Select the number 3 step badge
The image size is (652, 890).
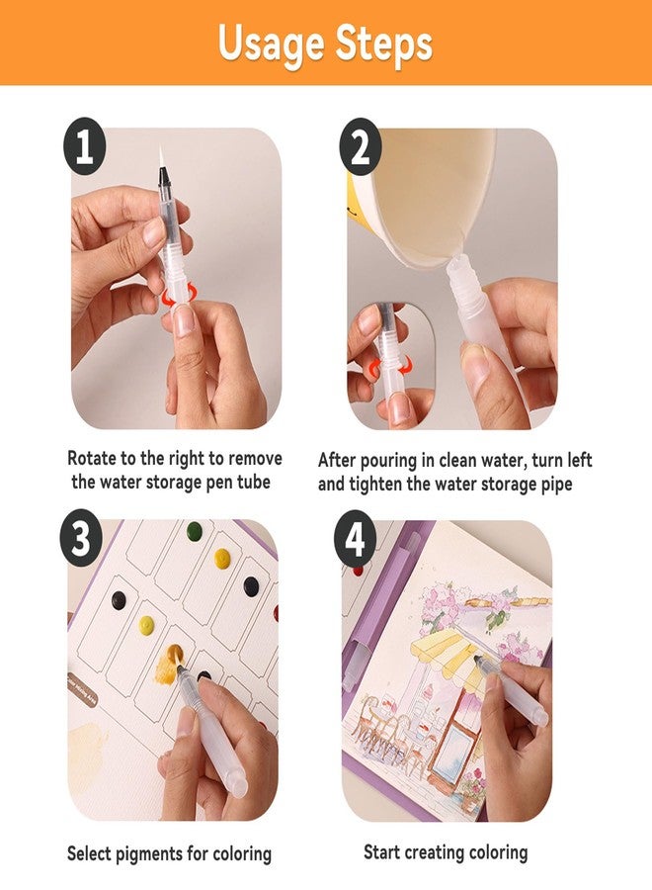click(x=84, y=541)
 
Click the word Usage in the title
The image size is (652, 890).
click(x=268, y=44)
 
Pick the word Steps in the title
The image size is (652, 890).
click(x=381, y=44)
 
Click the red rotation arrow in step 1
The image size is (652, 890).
click(x=174, y=294)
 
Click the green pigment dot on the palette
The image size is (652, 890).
click(x=194, y=531)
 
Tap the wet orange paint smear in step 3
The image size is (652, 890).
click(x=174, y=657)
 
